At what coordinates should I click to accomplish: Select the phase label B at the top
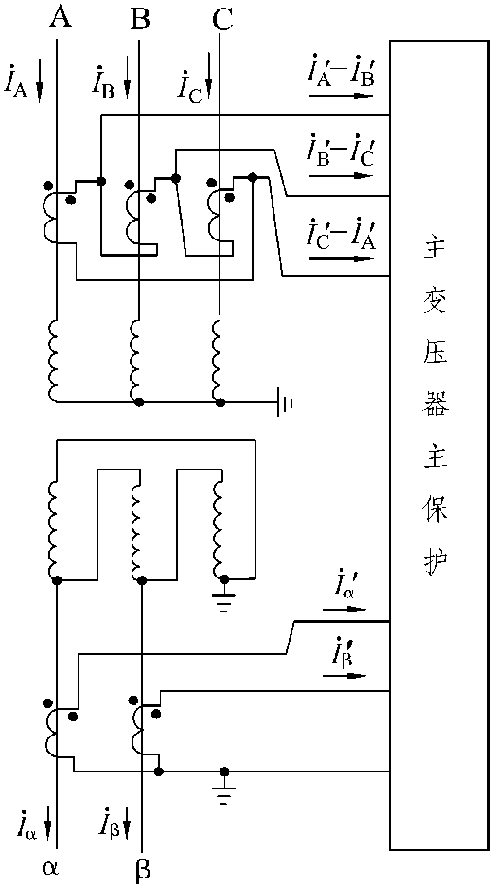click(139, 21)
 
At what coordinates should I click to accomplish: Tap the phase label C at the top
click(220, 21)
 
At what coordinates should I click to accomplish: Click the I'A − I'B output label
click(340, 73)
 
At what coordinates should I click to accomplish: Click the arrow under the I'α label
click(343, 610)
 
